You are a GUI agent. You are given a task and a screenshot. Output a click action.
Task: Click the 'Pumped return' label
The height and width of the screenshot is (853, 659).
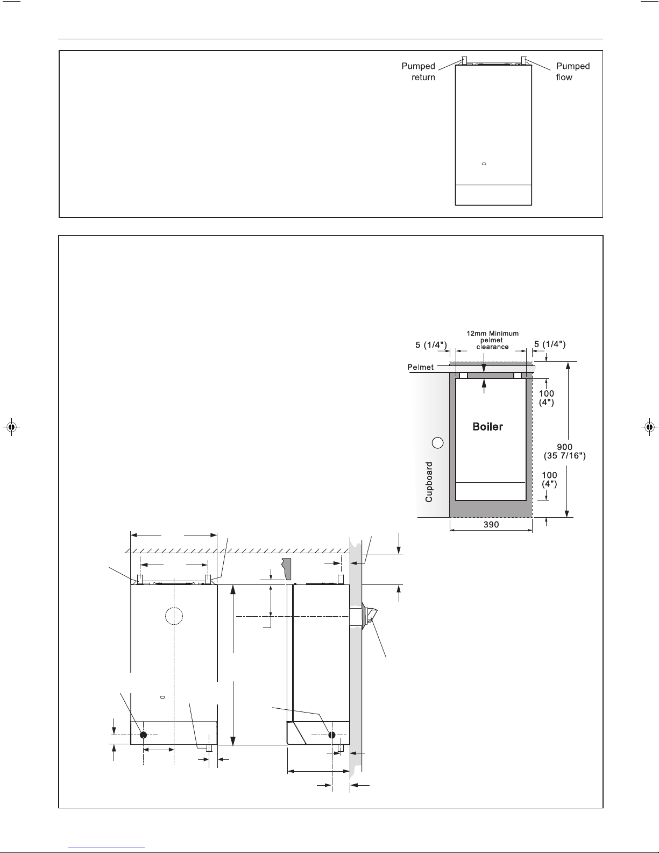tap(418, 72)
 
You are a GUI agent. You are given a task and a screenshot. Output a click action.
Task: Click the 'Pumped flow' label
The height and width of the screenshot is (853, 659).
tap(573, 72)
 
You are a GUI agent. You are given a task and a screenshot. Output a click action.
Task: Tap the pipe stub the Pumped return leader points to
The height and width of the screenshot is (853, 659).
tap(464, 60)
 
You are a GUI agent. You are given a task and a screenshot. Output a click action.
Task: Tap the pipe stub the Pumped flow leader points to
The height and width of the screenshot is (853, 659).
tap(523, 60)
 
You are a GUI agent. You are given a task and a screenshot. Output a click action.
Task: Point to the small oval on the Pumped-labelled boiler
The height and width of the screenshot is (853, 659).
tap(484, 164)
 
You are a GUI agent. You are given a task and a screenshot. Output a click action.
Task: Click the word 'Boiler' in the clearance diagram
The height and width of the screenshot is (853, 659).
tap(487, 427)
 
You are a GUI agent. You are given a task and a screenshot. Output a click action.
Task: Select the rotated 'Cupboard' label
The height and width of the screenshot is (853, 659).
tap(429, 482)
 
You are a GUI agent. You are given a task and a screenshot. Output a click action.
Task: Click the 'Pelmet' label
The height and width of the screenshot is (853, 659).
tap(420, 367)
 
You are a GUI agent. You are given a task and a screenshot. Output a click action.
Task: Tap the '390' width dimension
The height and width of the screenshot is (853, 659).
tap(491, 524)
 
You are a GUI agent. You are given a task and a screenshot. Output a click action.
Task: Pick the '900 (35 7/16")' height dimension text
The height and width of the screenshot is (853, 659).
tap(564, 451)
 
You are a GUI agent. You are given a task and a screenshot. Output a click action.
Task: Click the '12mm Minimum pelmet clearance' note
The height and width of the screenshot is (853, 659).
tap(492, 340)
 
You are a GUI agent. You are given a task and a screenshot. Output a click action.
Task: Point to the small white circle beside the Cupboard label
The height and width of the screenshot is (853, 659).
tap(438, 443)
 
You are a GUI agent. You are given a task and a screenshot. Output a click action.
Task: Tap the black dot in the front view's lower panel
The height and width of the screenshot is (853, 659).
tap(143, 735)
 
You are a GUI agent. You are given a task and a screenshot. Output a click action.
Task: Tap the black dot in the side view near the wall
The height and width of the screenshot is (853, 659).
tap(332, 735)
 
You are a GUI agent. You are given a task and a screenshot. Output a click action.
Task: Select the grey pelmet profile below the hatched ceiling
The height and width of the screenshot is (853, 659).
tap(287, 569)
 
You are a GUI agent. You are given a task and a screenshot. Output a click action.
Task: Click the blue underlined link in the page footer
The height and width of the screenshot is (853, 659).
tap(107, 848)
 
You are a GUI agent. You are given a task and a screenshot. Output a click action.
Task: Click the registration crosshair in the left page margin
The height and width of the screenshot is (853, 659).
tap(11, 426)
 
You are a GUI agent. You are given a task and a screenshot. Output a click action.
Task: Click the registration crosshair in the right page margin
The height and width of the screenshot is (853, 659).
tap(649, 426)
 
